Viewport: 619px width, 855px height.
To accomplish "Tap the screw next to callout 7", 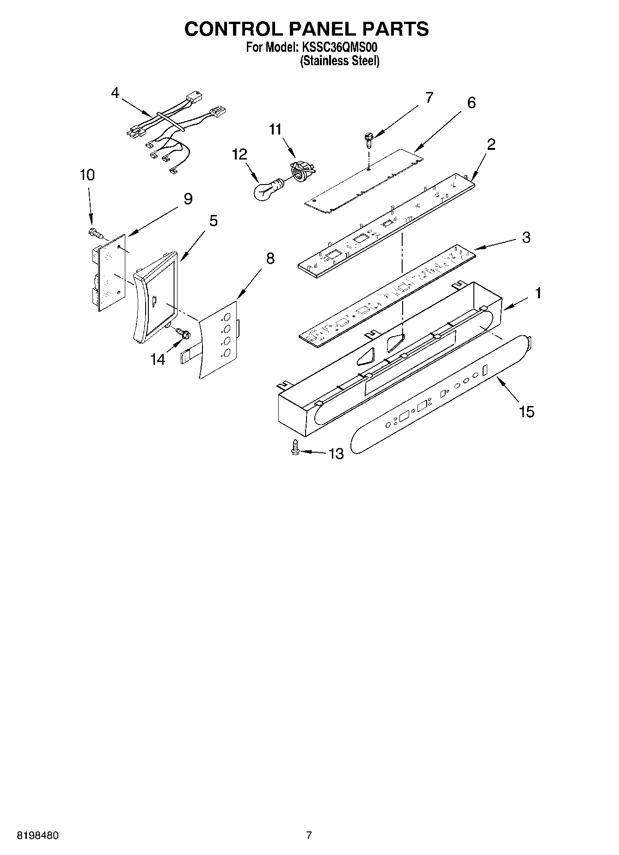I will (368, 138).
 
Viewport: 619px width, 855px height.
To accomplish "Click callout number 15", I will (527, 411).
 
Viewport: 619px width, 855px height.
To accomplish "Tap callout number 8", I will (270, 258).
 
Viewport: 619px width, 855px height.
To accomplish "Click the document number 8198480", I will (37, 836).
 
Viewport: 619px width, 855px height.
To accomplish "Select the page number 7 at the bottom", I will (309, 836).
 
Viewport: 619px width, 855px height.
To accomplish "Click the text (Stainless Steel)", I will (339, 61).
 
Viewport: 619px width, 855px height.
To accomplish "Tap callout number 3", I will (526, 237).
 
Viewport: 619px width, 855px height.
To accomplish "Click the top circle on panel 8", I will (227, 318).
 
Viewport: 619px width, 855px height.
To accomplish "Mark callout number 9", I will (188, 199).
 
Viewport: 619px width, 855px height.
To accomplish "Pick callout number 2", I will (491, 144).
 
